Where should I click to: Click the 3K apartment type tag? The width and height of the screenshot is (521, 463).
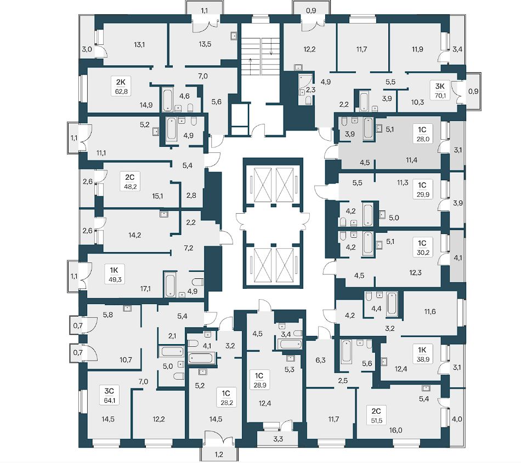tap(440, 85)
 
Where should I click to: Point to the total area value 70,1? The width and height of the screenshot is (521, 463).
tap(440, 95)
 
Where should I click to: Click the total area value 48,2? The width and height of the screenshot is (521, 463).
tap(131, 186)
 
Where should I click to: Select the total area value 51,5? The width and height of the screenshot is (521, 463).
tap(376, 419)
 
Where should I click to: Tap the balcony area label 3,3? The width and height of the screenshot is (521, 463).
tap(278, 439)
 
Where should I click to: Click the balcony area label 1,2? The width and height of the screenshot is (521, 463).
tap(218, 455)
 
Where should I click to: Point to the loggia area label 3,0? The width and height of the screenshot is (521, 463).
tap(87, 49)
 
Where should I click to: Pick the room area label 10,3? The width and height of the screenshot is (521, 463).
tap(418, 102)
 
